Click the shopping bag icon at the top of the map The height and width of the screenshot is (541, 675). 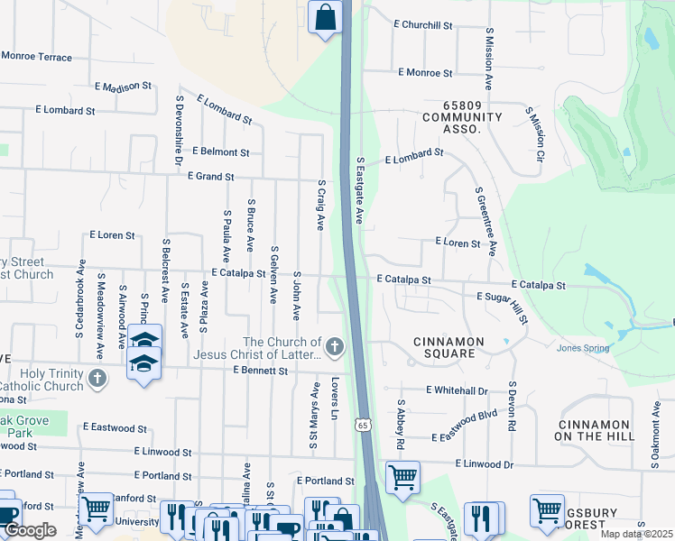[325, 17]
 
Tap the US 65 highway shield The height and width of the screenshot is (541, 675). [362, 424]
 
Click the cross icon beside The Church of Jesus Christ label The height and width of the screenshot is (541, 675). [335, 346]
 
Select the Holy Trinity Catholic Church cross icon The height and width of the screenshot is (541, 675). [97, 380]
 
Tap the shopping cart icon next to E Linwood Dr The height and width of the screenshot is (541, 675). [402, 477]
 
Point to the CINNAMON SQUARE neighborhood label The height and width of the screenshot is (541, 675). [448, 347]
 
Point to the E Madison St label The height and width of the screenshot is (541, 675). [123, 87]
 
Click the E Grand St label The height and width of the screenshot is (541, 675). [210, 177]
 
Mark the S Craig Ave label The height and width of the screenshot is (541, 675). [319, 205]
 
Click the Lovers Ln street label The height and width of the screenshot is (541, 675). [334, 398]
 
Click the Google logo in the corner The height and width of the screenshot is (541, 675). [30, 530]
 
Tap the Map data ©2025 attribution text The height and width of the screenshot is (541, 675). [636, 534]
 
